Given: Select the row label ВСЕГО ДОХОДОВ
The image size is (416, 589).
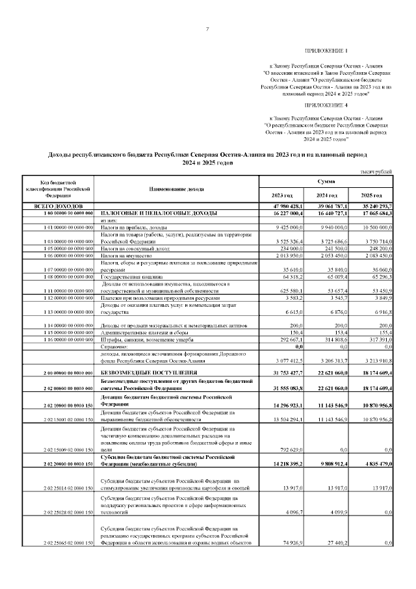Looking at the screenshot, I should coord(58,205).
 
